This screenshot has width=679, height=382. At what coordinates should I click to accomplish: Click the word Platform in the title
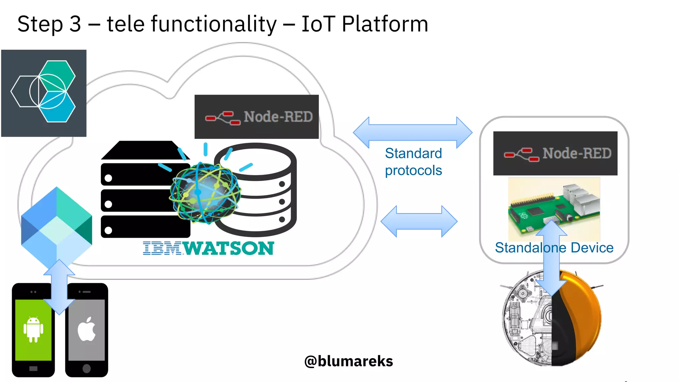(385, 24)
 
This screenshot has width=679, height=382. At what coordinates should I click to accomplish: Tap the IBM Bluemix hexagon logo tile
(44, 93)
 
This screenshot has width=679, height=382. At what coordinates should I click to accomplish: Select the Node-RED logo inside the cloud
(256, 117)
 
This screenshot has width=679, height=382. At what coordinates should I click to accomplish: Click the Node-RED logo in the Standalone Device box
(555, 153)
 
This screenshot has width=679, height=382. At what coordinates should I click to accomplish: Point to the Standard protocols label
(413, 162)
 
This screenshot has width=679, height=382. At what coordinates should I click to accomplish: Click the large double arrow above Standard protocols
(412, 132)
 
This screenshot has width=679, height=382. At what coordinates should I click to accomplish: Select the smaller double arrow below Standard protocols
(419, 221)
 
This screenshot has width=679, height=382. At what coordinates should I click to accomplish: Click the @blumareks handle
(348, 361)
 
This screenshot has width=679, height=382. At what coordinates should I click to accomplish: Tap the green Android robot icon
(33, 329)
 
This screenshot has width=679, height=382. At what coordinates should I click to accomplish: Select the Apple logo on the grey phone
(87, 329)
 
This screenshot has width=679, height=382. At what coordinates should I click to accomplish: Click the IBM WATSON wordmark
(208, 248)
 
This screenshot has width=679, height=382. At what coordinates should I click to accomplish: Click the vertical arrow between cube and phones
(59, 287)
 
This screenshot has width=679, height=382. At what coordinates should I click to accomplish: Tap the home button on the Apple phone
(87, 368)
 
